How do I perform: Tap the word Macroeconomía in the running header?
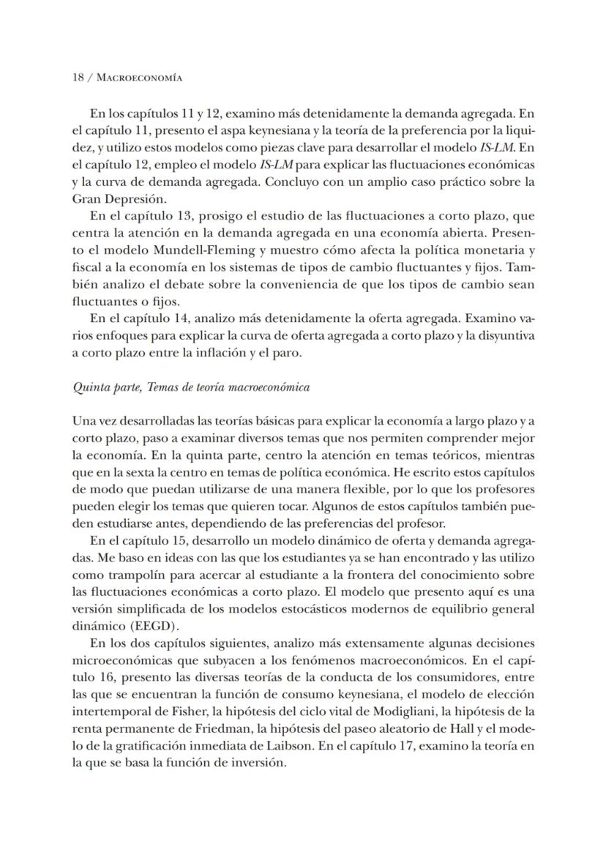[140, 77]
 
